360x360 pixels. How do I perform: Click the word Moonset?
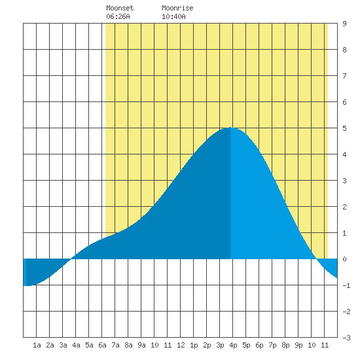click(120, 8)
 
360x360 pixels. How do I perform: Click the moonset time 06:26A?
click(118, 16)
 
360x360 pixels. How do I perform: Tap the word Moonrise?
click(177, 8)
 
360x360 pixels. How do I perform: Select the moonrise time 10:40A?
click(173, 16)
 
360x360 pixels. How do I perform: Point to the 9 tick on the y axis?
click(344, 24)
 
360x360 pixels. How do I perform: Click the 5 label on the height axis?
click(344, 128)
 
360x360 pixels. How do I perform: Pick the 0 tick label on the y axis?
click(344, 259)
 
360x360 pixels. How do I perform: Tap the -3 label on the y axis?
click(346, 338)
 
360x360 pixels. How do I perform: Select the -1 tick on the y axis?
click(346, 285)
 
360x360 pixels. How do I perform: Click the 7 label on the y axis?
click(344, 76)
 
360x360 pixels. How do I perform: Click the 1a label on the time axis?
click(37, 345)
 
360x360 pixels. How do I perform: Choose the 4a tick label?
click(76, 345)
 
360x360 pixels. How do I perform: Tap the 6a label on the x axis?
click(102, 345)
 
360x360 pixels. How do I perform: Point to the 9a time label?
click(141, 345)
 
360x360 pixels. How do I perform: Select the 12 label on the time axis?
click(181, 345)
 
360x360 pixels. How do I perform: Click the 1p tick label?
click(194, 345)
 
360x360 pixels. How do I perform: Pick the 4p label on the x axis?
click(233, 345)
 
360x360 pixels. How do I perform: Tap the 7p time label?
click(272, 345)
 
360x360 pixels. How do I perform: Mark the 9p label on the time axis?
click(298, 345)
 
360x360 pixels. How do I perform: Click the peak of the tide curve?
click(230, 128)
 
